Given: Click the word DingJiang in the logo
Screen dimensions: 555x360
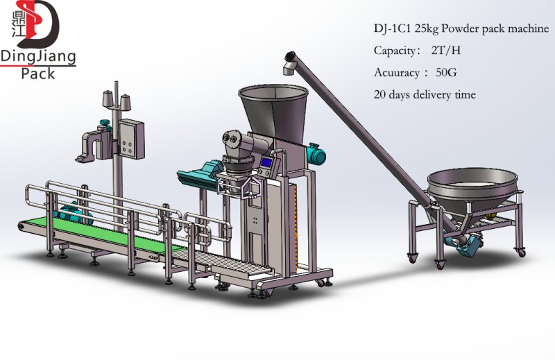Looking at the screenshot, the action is pos(38,57).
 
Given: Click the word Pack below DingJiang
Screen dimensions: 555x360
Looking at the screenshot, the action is pos(38,74).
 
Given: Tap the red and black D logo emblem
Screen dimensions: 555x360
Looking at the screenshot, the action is pos(38,24).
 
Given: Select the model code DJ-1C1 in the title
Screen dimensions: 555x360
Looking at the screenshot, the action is pos(393,28).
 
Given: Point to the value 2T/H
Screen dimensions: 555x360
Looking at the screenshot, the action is pos(446,50).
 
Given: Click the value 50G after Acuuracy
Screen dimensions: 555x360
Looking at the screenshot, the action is pos(446,73).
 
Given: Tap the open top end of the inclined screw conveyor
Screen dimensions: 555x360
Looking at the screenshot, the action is pos(290,56).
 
